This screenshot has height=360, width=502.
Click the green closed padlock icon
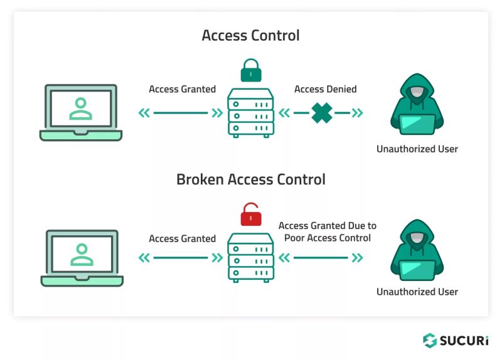[250, 71]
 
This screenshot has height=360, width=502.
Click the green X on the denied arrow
[322, 113]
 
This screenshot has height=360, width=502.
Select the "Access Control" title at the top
[250, 35]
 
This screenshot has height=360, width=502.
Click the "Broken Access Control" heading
[250, 179]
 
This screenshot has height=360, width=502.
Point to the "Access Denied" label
[325, 89]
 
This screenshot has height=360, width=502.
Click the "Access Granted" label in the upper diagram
[182, 89]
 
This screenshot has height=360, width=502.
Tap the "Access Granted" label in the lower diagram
[182, 238]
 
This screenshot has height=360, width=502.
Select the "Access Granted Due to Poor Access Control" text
[327, 231]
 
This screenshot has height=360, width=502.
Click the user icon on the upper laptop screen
[81, 108]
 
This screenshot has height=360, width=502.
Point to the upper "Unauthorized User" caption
[417, 149]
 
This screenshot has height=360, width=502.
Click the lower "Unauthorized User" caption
[417, 292]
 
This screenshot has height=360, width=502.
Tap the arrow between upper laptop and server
[180, 113]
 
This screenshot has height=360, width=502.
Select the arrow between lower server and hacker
[321, 257]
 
